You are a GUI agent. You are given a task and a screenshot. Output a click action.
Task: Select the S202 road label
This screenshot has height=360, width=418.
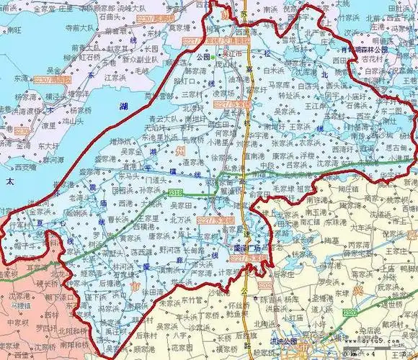[x=267, y=287]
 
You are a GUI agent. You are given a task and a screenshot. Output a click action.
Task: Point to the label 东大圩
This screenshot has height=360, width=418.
[x=49, y=144]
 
